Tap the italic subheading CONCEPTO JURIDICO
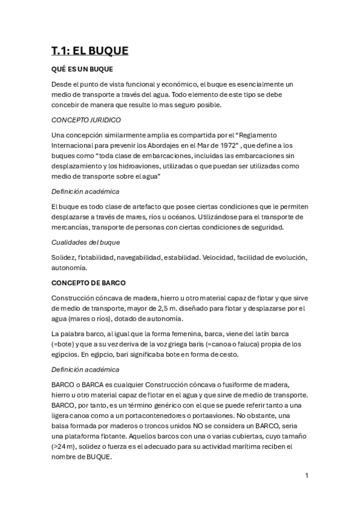(86, 120)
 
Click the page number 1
(307, 476)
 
